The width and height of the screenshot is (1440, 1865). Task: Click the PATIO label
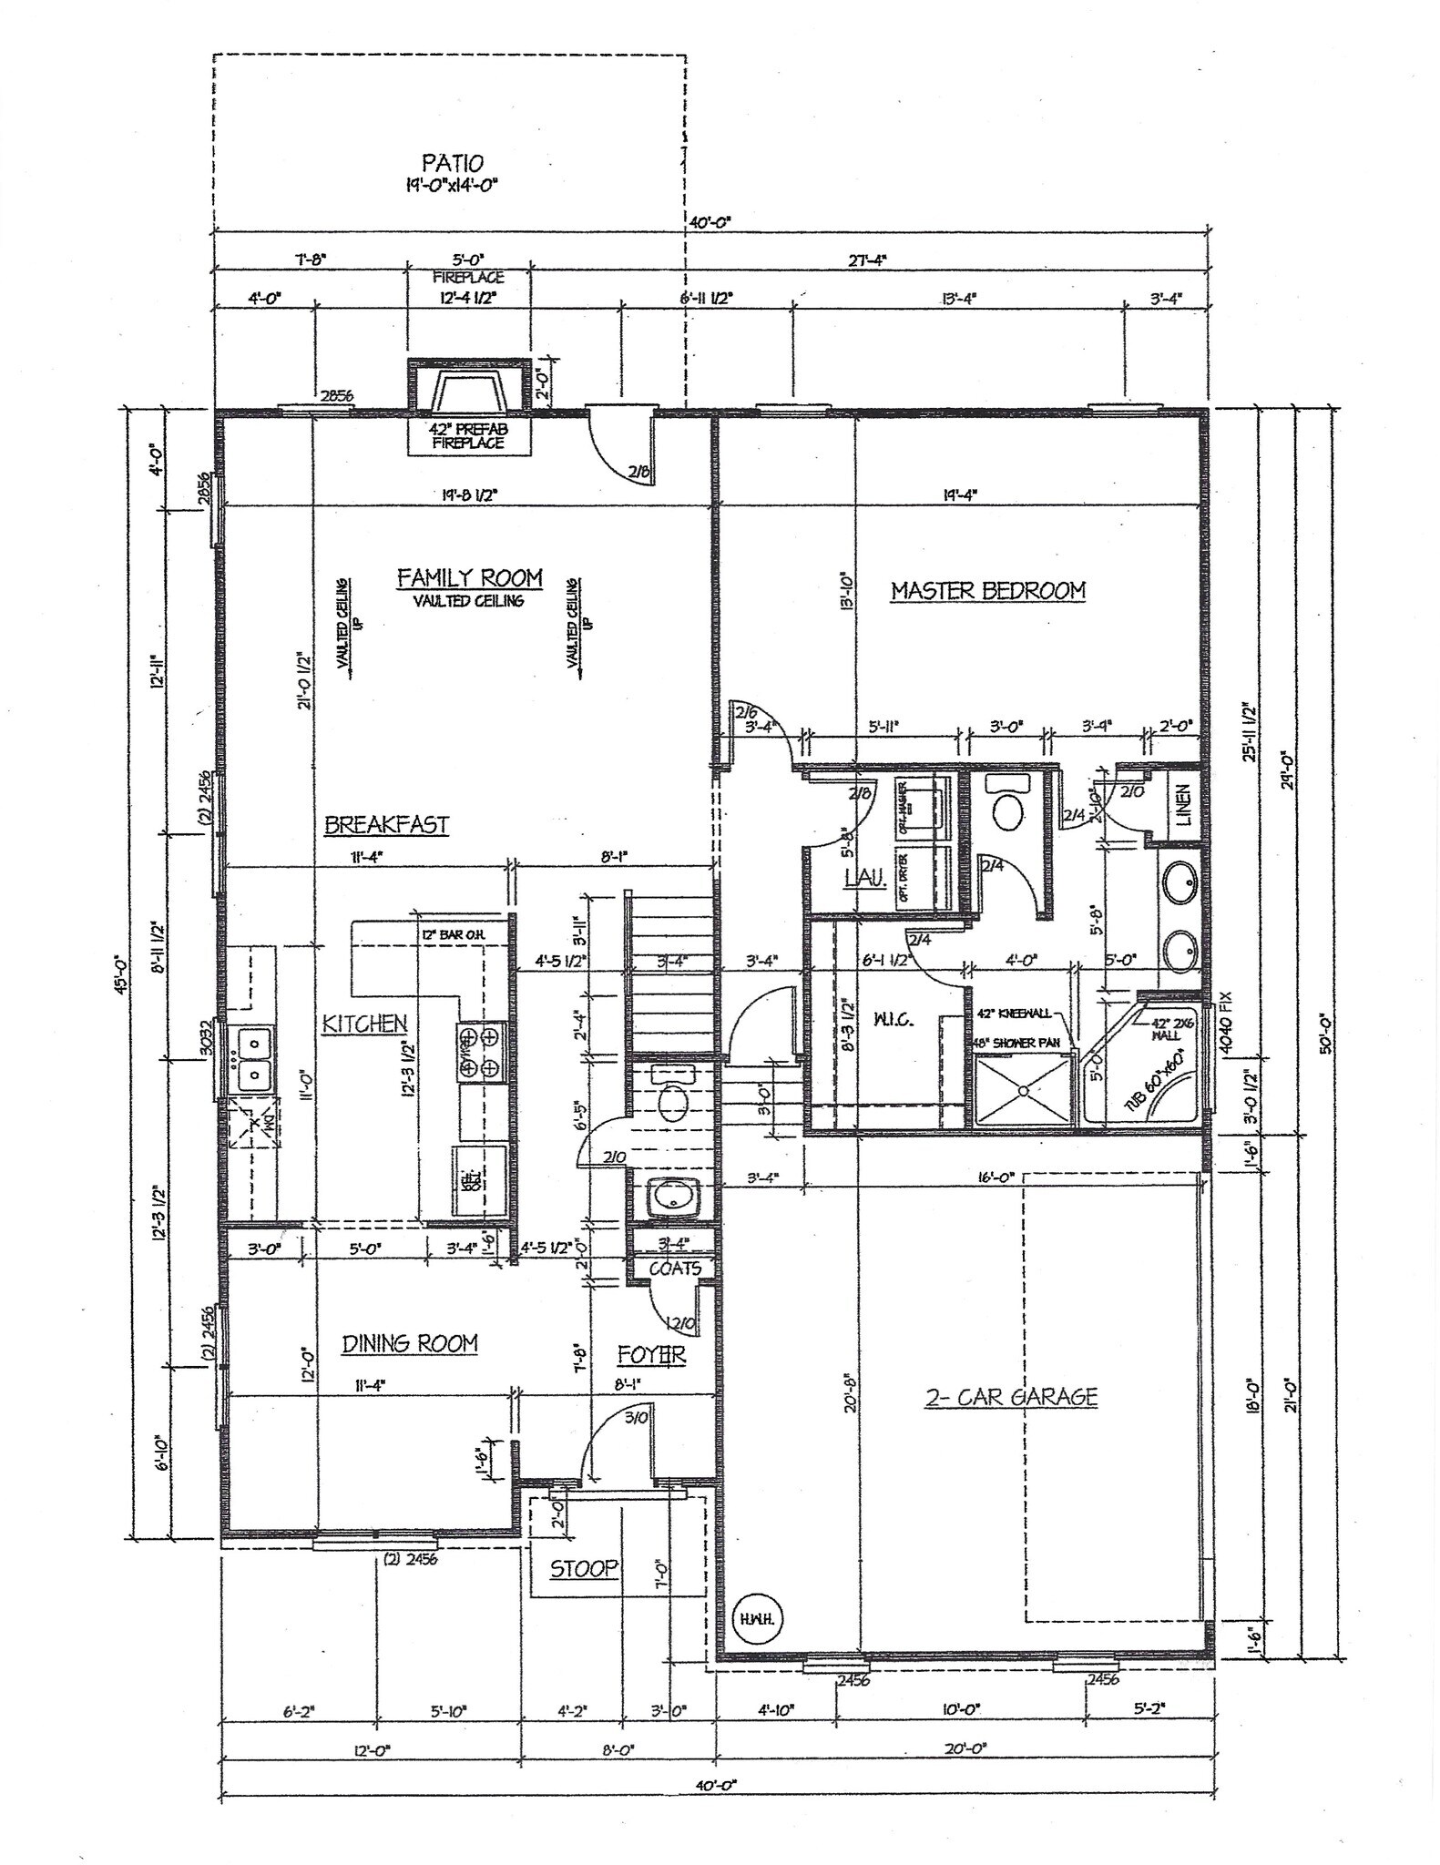click(x=452, y=164)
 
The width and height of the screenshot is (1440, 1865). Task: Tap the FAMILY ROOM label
click(x=469, y=578)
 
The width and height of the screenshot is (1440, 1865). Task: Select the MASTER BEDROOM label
click(x=987, y=591)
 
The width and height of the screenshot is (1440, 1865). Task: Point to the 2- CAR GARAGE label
click(x=1011, y=1398)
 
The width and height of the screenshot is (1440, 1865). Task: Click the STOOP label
click(x=584, y=1568)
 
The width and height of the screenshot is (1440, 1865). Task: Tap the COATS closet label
click(x=674, y=1268)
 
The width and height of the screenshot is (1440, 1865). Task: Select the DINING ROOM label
click(x=410, y=1344)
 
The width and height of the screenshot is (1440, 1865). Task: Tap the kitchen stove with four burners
click(x=480, y=1052)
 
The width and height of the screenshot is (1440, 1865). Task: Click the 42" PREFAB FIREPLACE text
click(x=467, y=436)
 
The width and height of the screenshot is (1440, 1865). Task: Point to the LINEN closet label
click(x=1184, y=806)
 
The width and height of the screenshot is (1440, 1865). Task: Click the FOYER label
click(x=650, y=1354)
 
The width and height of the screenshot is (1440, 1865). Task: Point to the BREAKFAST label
click(x=387, y=825)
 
